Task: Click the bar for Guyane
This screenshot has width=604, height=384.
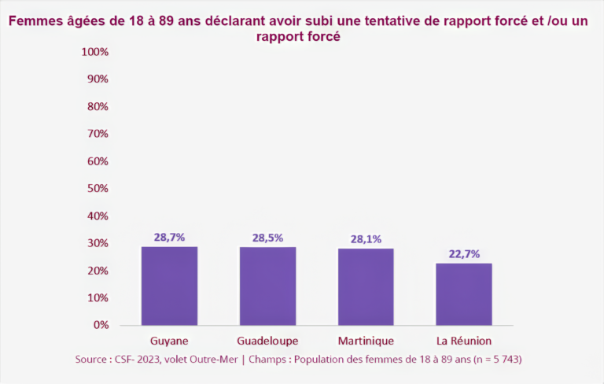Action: pyautogui.click(x=169, y=286)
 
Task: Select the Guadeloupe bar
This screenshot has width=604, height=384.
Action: pyautogui.click(x=267, y=286)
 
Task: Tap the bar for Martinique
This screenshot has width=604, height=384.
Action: pyautogui.click(x=366, y=286)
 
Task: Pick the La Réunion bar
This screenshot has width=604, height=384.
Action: pyautogui.click(x=464, y=294)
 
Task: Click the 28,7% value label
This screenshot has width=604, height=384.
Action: pyautogui.click(x=169, y=237)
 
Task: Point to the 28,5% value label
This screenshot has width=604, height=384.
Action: pyautogui.click(x=267, y=238)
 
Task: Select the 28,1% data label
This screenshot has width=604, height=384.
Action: pyautogui.click(x=366, y=238)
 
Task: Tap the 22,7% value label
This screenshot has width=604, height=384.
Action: pyautogui.click(x=464, y=253)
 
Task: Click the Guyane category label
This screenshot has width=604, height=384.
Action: pyautogui.click(x=169, y=341)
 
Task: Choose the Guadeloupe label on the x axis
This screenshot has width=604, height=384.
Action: pyautogui.click(x=267, y=341)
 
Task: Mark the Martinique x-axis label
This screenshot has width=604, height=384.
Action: pyautogui.click(x=366, y=341)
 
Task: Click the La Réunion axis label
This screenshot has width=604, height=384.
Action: pyautogui.click(x=464, y=341)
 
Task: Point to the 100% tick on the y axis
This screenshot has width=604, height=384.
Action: pyautogui.click(x=94, y=52)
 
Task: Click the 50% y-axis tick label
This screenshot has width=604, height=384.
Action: pyautogui.click(x=97, y=189)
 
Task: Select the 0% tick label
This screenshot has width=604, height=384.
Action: pyautogui.click(x=100, y=325)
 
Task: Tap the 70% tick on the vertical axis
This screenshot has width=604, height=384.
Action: pyautogui.click(x=97, y=134)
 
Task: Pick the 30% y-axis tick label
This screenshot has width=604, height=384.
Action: pyautogui.click(x=97, y=243)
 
